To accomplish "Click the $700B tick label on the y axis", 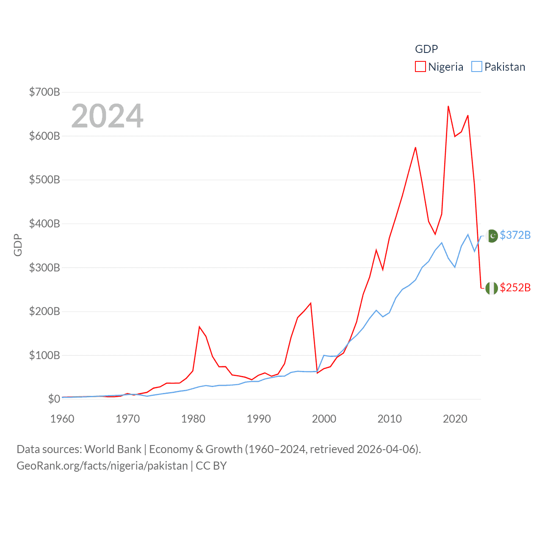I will point(44,92).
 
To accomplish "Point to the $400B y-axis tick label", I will point(44,224).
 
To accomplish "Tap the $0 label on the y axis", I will point(54,399).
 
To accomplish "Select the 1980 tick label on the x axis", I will point(193,419).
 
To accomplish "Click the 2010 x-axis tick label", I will point(390,419).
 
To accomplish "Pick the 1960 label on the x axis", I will point(62,419).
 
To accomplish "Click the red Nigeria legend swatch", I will point(420,67).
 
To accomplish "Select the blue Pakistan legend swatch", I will point(477,67).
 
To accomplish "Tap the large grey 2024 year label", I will point(107,116).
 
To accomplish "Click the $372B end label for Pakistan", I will point(515,235).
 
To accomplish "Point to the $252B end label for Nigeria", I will point(515,288).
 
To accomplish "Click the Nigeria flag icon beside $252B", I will point(492,288).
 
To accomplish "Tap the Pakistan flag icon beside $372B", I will point(492,236).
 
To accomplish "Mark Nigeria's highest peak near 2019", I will point(448,106).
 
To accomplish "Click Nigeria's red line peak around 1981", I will point(199,327).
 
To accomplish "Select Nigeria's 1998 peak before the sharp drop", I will point(311,303).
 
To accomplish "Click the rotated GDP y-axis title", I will point(18,245).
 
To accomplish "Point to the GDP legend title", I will point(426,49).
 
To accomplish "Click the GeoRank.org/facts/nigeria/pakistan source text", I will point(102,466).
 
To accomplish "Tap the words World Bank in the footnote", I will point(113,449).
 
